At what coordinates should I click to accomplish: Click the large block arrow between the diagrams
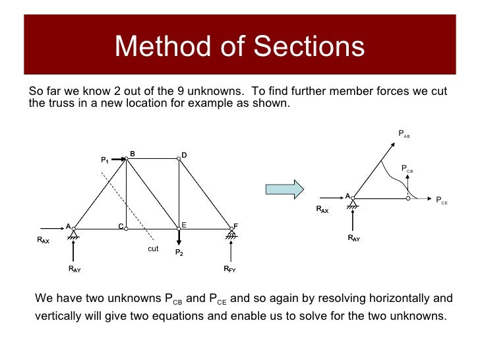pyautogui.click(x=284, y=189)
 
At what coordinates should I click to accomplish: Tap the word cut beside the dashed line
pyautogui.click(x=153, y=249)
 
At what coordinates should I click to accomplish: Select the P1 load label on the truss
pyautogui.click(x=105, y=160)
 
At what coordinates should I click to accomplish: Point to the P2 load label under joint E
pyautogui.click(x=179, y=253)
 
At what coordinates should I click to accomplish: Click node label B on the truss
pyautogui.click(x=133, y=154)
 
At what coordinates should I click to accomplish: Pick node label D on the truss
pyautogui.click(x=185, y=156)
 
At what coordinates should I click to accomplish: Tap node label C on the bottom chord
pyautogui.click(x=121, y=226)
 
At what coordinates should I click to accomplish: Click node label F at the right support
pyautogui.click(x=235, y=226)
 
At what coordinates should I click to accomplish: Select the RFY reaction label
pyautogui.click(x=230, y=269)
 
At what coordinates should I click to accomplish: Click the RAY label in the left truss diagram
pyautogui.click(x=75, y=269)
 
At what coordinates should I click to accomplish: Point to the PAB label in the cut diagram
pyautogui.click(x=404, y=134)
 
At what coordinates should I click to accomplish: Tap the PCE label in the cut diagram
pyautogui.click(x=442, y=200)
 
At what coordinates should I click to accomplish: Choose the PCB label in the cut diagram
pyautogui.click(x=407, y=169)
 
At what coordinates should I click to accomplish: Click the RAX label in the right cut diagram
pyautogui.click(x=322, y=210)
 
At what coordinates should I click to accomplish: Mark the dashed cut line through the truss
pyautogui.click(x=129, y=204)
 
